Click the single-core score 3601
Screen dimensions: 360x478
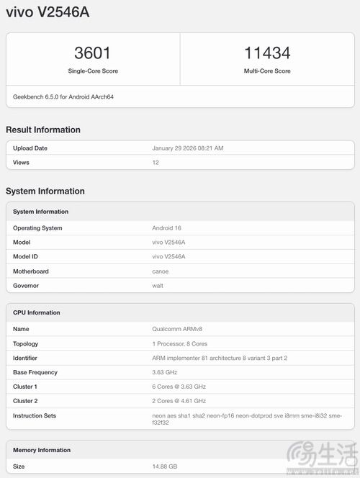click(x=92, y=53)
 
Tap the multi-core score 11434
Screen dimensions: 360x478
click(x=267, y=53)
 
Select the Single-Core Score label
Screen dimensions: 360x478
click(x=93, y=71)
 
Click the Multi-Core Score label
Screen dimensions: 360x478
click(x=267, y=71)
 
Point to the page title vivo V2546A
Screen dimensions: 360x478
click(x=48, y=13)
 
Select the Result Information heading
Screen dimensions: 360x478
click(x=43, y=130)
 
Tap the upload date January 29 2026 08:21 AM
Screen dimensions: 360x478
click(x=188, y=148)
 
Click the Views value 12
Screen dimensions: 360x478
click(x=156, y=163)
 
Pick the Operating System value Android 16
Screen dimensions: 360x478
click(x=168, y=228)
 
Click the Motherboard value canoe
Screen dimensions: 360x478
click(x=161, y=271)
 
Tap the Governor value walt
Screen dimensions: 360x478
click(x=158, y=286)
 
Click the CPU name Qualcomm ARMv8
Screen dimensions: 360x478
click(x=177, y=329)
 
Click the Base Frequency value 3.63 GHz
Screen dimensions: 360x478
click(x=165, y=372)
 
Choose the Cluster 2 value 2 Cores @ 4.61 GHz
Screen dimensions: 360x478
click(x=179, y=401)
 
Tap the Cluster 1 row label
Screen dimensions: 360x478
click(x=25, y=387)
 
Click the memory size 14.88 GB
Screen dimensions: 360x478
click(x=165, y=466)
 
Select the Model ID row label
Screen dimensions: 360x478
click(x=25, y=257)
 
